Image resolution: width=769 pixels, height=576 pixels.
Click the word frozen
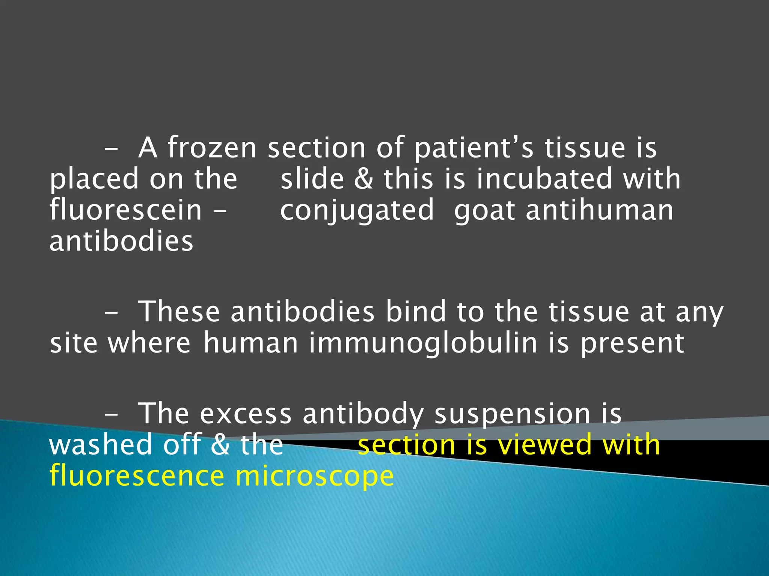pyautogui.click(x=212, y=148)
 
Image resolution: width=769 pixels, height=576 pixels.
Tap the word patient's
pyautogui.click(x=474, y=148)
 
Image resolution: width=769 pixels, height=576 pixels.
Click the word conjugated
pyautogui.click(x=357, y=211)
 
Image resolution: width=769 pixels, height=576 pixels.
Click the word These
pyautogui.click(x=179, y=312)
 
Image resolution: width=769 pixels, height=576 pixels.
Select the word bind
pyautogui.click(x=416, y=312)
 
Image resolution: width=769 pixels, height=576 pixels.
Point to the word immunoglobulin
pyautogui.click(x=423, y=343)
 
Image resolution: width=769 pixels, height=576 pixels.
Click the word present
pyautogui.click(x=632, y=344)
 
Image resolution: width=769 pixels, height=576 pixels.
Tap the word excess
pyautogui.click(x=246, y=414)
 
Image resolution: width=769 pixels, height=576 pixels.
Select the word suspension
pyautogui.click(x=512, y=414)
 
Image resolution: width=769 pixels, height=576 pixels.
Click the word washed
pyautogui.click(x=101, y=445)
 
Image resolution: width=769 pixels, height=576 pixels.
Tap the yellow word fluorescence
pyautogui.click(x=137, y=475)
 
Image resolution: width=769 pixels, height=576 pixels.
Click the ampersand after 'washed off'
pyautogui.click(x=220, y=445)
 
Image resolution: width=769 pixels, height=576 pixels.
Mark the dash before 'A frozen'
pyautogui.click(x=111, y=149)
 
